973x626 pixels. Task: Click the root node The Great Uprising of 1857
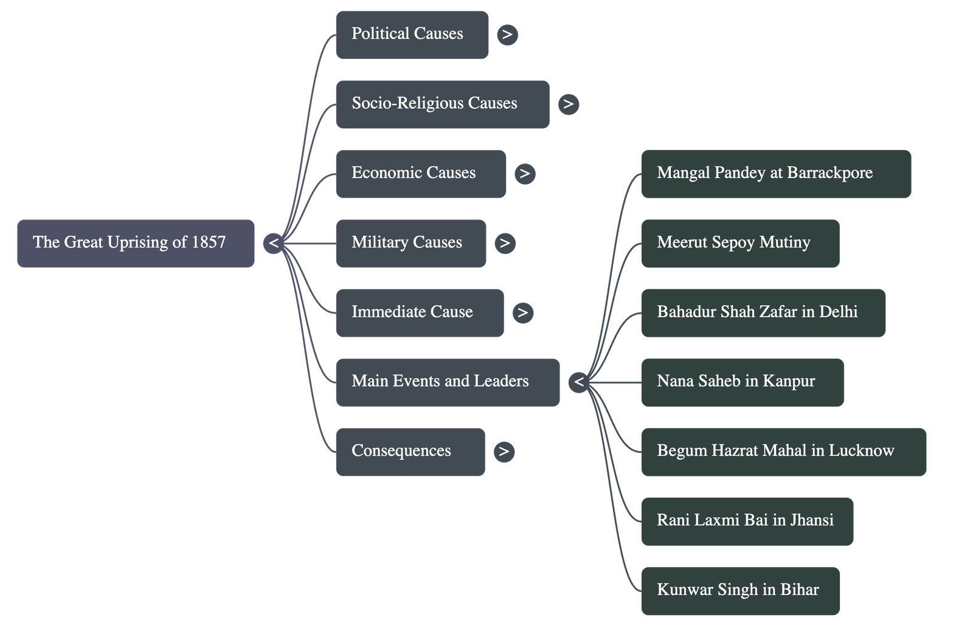coord(136,243)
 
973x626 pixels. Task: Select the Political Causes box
coord(412,35)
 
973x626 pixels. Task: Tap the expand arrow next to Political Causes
coord(507,35)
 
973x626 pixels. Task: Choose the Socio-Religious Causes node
coord(441,104)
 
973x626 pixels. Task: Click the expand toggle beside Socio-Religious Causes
coord(568,104)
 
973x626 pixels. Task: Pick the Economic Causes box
coord(420,174)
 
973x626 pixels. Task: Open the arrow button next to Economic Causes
coord(525,174)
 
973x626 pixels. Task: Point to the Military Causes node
coord(410,243)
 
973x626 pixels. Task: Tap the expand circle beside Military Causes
coord(505,243)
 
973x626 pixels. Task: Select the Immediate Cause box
coord(419,312)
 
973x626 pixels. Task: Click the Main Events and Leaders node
coord(447,382)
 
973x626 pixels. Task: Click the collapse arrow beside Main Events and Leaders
coord(578,382)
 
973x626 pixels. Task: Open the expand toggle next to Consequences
coord(504,452)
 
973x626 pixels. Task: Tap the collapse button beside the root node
coord(274,243)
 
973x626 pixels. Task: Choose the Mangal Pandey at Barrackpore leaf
coord(775,174)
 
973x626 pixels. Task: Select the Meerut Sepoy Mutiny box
coord(740,243)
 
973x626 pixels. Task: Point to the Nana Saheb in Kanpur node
coord(742,382)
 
